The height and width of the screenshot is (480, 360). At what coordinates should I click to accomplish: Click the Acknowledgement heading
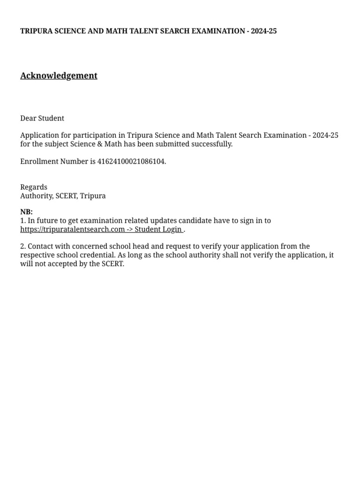[59, 75]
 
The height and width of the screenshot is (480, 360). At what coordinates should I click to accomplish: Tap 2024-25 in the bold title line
[263, 31]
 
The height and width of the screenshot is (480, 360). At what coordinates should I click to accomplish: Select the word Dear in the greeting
[28, 118]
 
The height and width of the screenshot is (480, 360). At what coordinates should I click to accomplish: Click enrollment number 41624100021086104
[131, 162]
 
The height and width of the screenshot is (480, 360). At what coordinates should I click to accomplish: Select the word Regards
[34, 187]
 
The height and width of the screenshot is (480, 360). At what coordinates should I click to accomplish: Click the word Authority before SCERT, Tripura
[36, 196]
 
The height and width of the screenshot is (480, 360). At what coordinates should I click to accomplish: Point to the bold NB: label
[26, 212]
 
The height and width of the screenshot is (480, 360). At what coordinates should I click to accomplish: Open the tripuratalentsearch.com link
[73, 229]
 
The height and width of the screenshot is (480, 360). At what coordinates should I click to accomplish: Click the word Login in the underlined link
[172, 229]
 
